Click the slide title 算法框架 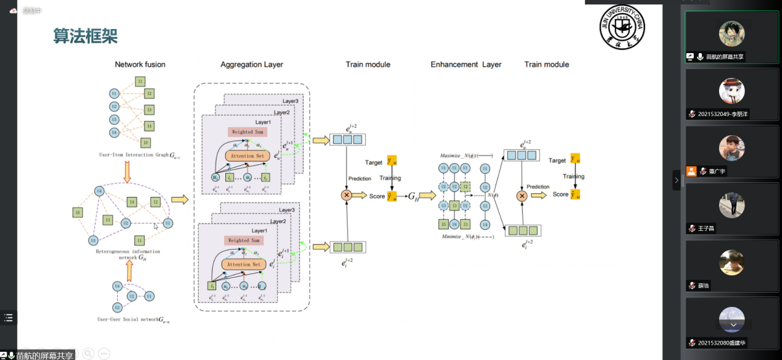85,36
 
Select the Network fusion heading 140,64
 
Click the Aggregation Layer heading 252,64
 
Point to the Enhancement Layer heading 466,64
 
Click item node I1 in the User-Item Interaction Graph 140,82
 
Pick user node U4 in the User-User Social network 117,287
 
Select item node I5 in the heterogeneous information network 77,213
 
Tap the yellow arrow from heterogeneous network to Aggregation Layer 180,199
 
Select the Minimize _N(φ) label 460,237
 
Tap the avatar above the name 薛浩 731,262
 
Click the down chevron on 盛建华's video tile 733,324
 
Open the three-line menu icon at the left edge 8,318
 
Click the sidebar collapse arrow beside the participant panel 676,180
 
